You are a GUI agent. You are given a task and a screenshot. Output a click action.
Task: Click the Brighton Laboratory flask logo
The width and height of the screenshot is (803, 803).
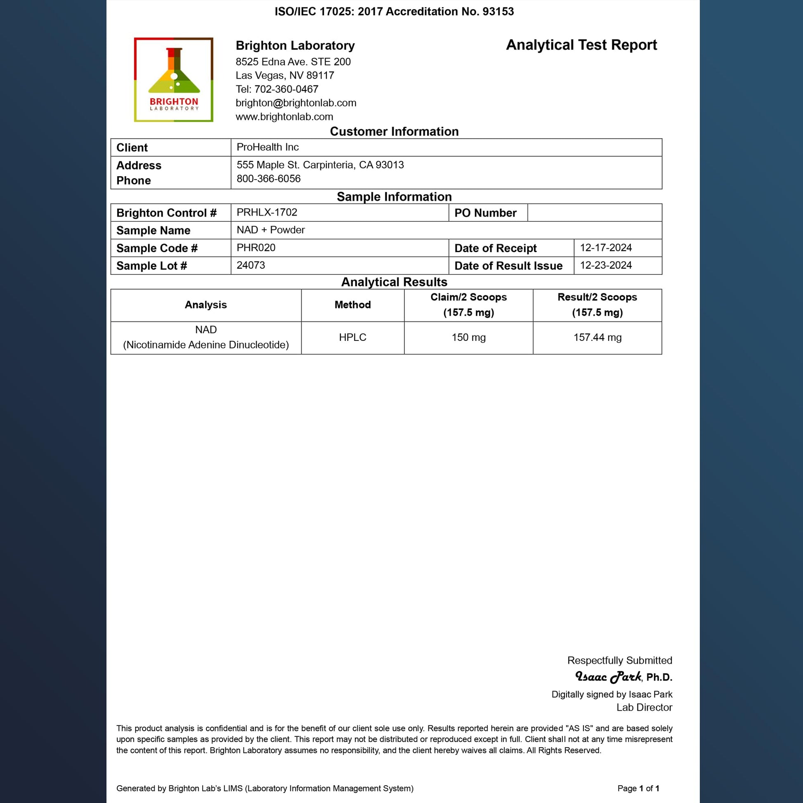(x=174, y=80)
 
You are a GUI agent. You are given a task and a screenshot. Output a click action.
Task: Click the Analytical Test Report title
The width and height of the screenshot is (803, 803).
(x=581, y=45)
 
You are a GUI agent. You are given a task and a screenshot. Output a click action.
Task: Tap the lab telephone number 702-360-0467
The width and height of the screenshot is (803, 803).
(x=286, y=90)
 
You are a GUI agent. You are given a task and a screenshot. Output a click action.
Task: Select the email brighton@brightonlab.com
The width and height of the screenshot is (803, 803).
(x=296, y=103)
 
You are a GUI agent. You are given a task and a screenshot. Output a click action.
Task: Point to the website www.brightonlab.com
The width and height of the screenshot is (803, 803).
(x=284, y=117)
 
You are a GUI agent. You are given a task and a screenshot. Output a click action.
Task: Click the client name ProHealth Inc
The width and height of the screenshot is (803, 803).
(x=268, y=147)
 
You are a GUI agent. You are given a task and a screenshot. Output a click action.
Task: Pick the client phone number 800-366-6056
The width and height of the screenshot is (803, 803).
(x=269, y=179)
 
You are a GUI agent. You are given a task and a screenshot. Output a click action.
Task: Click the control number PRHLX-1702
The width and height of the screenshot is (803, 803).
(x=267, y=213)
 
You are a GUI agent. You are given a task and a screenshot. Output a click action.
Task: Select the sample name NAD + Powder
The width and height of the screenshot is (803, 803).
(x=271, y=230)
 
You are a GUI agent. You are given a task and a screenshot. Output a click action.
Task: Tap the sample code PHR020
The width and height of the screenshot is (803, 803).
(x=256, y=248)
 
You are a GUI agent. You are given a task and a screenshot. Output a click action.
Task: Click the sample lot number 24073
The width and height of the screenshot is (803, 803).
(x=250, y=265)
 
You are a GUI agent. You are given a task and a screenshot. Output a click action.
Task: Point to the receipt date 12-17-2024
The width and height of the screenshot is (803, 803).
(x=606, y=248)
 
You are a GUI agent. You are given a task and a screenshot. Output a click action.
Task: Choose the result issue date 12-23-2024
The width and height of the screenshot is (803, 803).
(x=606, y=265)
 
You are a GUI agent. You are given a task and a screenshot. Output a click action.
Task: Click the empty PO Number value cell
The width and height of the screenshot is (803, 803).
(x=594, y=213)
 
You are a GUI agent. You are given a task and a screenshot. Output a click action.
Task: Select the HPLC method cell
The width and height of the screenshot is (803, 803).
(x=352, y=338)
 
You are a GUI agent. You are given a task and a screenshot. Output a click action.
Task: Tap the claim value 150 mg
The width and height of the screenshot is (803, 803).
(x=468, y=338)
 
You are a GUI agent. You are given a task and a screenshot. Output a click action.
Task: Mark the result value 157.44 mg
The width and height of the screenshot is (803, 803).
(x=597, y=338)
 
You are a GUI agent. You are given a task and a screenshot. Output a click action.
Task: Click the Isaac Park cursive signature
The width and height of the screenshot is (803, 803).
(x=608, y=677)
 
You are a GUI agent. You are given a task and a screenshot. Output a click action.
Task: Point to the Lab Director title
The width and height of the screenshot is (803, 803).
(x=644, y=707)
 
